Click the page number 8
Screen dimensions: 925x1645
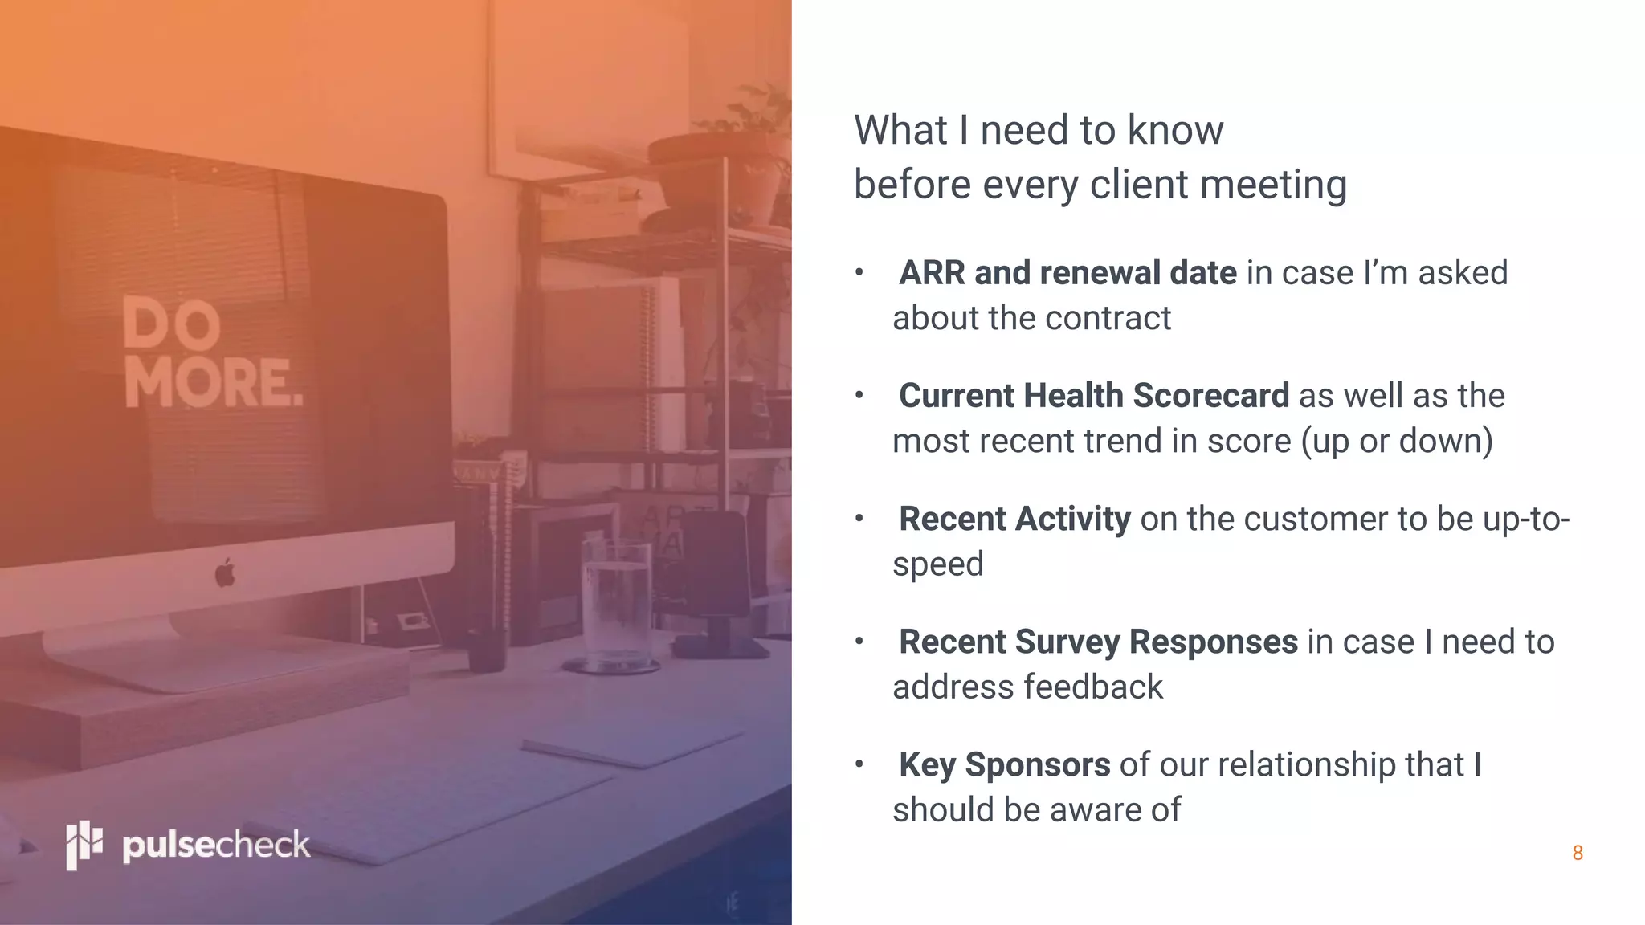(x=1578, y=853)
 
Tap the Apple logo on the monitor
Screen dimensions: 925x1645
(x=225, y=573)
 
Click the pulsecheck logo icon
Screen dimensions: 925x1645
(x=84, y=845)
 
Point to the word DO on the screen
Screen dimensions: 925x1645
(x=172, y=323)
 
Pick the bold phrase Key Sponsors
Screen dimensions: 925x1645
(x=1004, y=764)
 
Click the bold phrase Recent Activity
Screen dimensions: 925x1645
(x=1014, y=519)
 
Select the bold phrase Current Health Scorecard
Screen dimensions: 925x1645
(x=1093, y=396)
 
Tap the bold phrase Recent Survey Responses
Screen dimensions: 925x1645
(x=1098, y=642)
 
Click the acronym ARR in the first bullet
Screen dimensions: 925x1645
(x=932, y=273)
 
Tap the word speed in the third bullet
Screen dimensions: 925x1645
(x=938, y=564)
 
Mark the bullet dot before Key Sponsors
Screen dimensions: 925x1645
(x=859, y=764)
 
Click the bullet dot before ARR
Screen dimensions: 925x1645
(x=859, y=273)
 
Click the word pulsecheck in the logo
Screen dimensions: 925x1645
(x=215, y=846)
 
